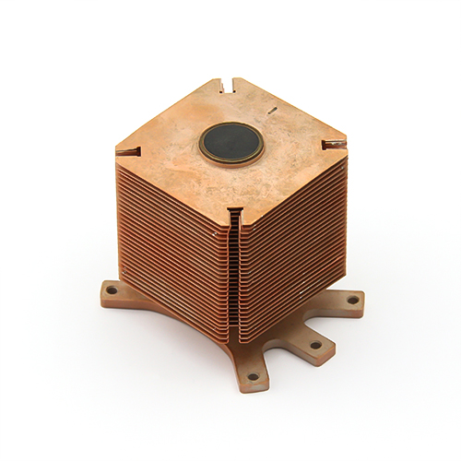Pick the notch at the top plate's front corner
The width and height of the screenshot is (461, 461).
[x=234, y=214]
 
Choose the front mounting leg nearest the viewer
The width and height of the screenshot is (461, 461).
[x=251, y=369]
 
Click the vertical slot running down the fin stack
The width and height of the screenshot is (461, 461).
[x=235, y=277]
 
